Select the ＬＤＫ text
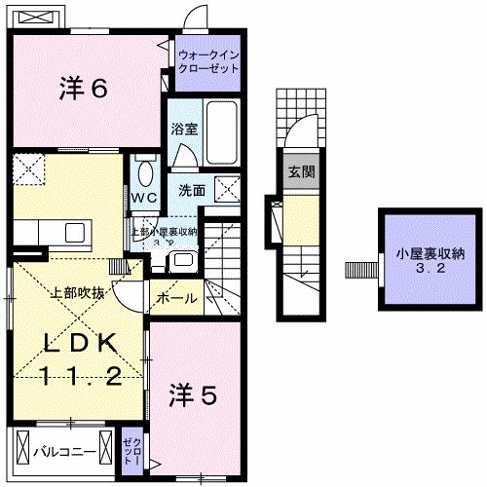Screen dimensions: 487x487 [81, 344]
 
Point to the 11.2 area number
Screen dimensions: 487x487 [81, 377]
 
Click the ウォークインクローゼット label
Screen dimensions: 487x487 [206, 62]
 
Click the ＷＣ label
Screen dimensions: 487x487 [145, 197]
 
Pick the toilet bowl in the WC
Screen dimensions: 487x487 [145, 173]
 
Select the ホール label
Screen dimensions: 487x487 [175, 298]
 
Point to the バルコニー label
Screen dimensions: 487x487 [64, 452]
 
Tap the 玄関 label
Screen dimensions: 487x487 [301, 172]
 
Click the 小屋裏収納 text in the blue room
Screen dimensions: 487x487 [422, 253]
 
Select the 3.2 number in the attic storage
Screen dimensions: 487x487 [422, 271]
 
